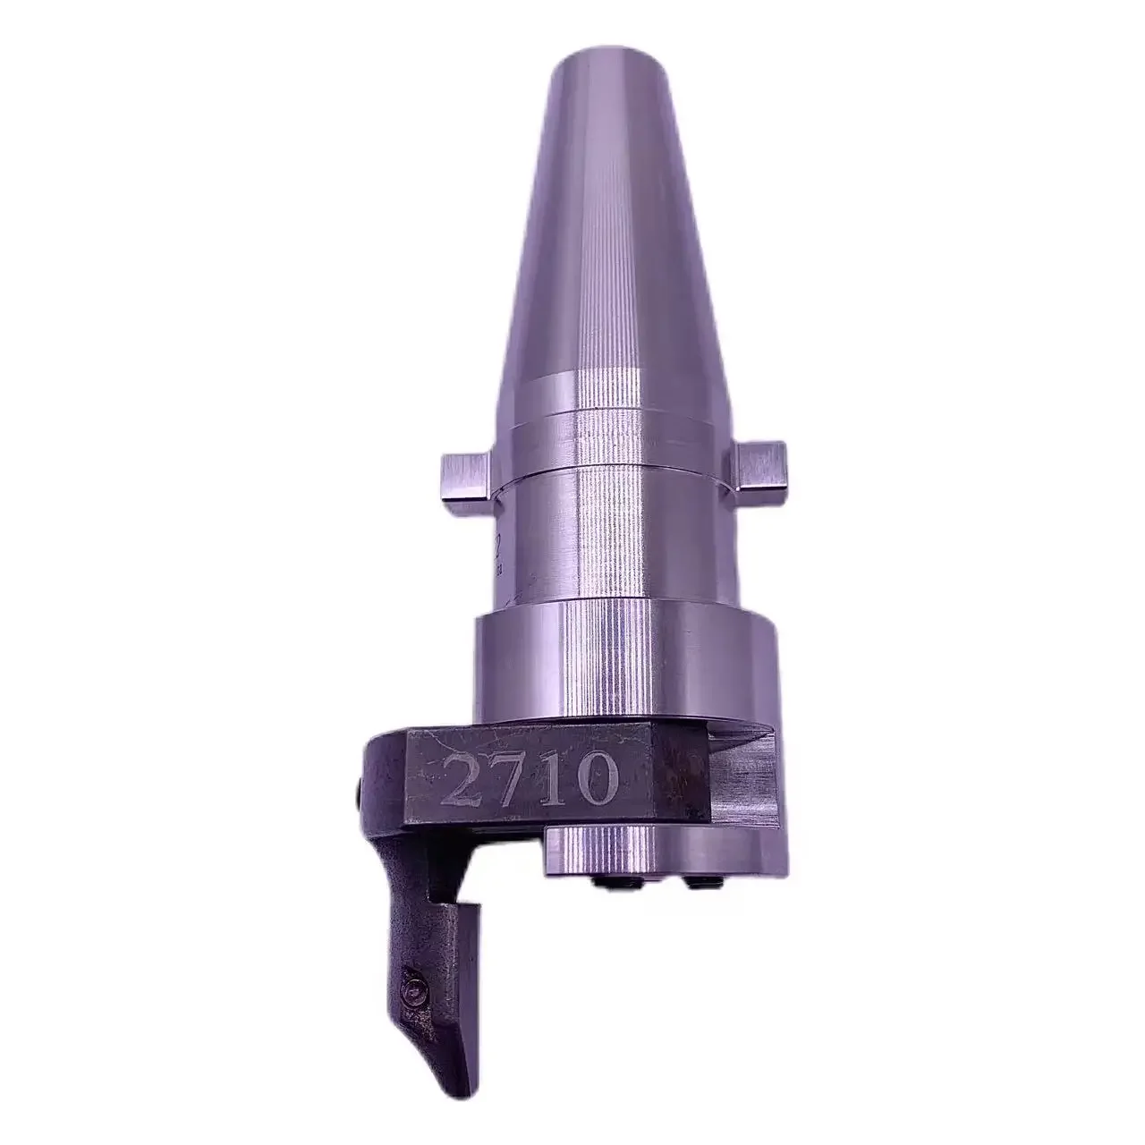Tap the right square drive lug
tap(758, 462)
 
